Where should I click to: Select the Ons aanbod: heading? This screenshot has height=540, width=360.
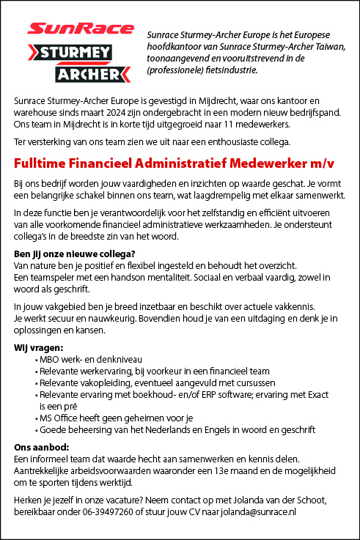(40, 446)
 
